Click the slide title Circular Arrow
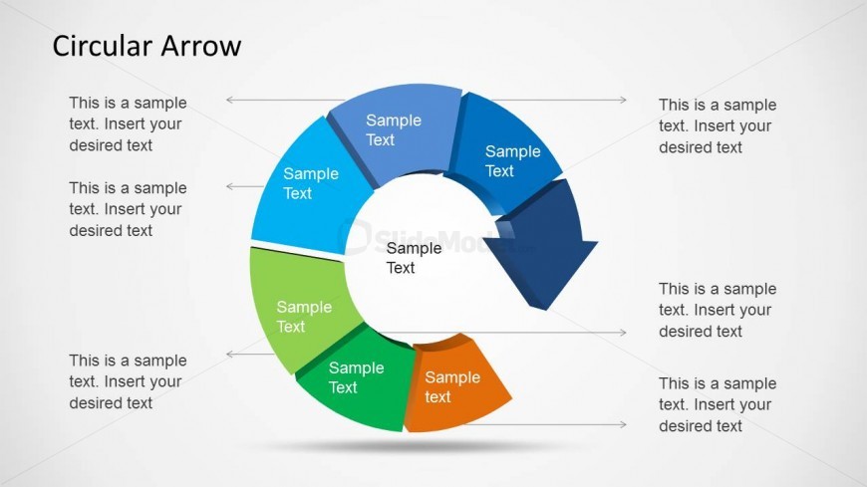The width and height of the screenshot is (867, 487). (146, 46)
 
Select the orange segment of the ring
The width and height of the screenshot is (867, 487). (456, 384)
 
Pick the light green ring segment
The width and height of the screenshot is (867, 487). (301, 310)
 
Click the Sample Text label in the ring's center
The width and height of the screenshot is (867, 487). (414, 258)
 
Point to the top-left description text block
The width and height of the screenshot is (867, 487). (128, 123)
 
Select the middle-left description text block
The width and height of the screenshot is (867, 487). (128, 209)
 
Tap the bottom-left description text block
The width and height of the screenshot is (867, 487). (128, 381)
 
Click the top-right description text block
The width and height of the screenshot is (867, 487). (718, 126)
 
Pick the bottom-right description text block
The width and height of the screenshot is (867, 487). (718, 404)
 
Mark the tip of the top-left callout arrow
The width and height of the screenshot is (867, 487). (226, 100)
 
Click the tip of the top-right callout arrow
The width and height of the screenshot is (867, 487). (627, 100)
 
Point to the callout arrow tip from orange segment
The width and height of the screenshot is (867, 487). (627, 424)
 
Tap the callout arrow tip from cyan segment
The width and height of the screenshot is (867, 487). (226, 186)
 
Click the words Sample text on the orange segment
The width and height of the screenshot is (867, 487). (452, 387)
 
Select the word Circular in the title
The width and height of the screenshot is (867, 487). (99, 46)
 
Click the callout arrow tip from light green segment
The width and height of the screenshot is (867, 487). (226, 354)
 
